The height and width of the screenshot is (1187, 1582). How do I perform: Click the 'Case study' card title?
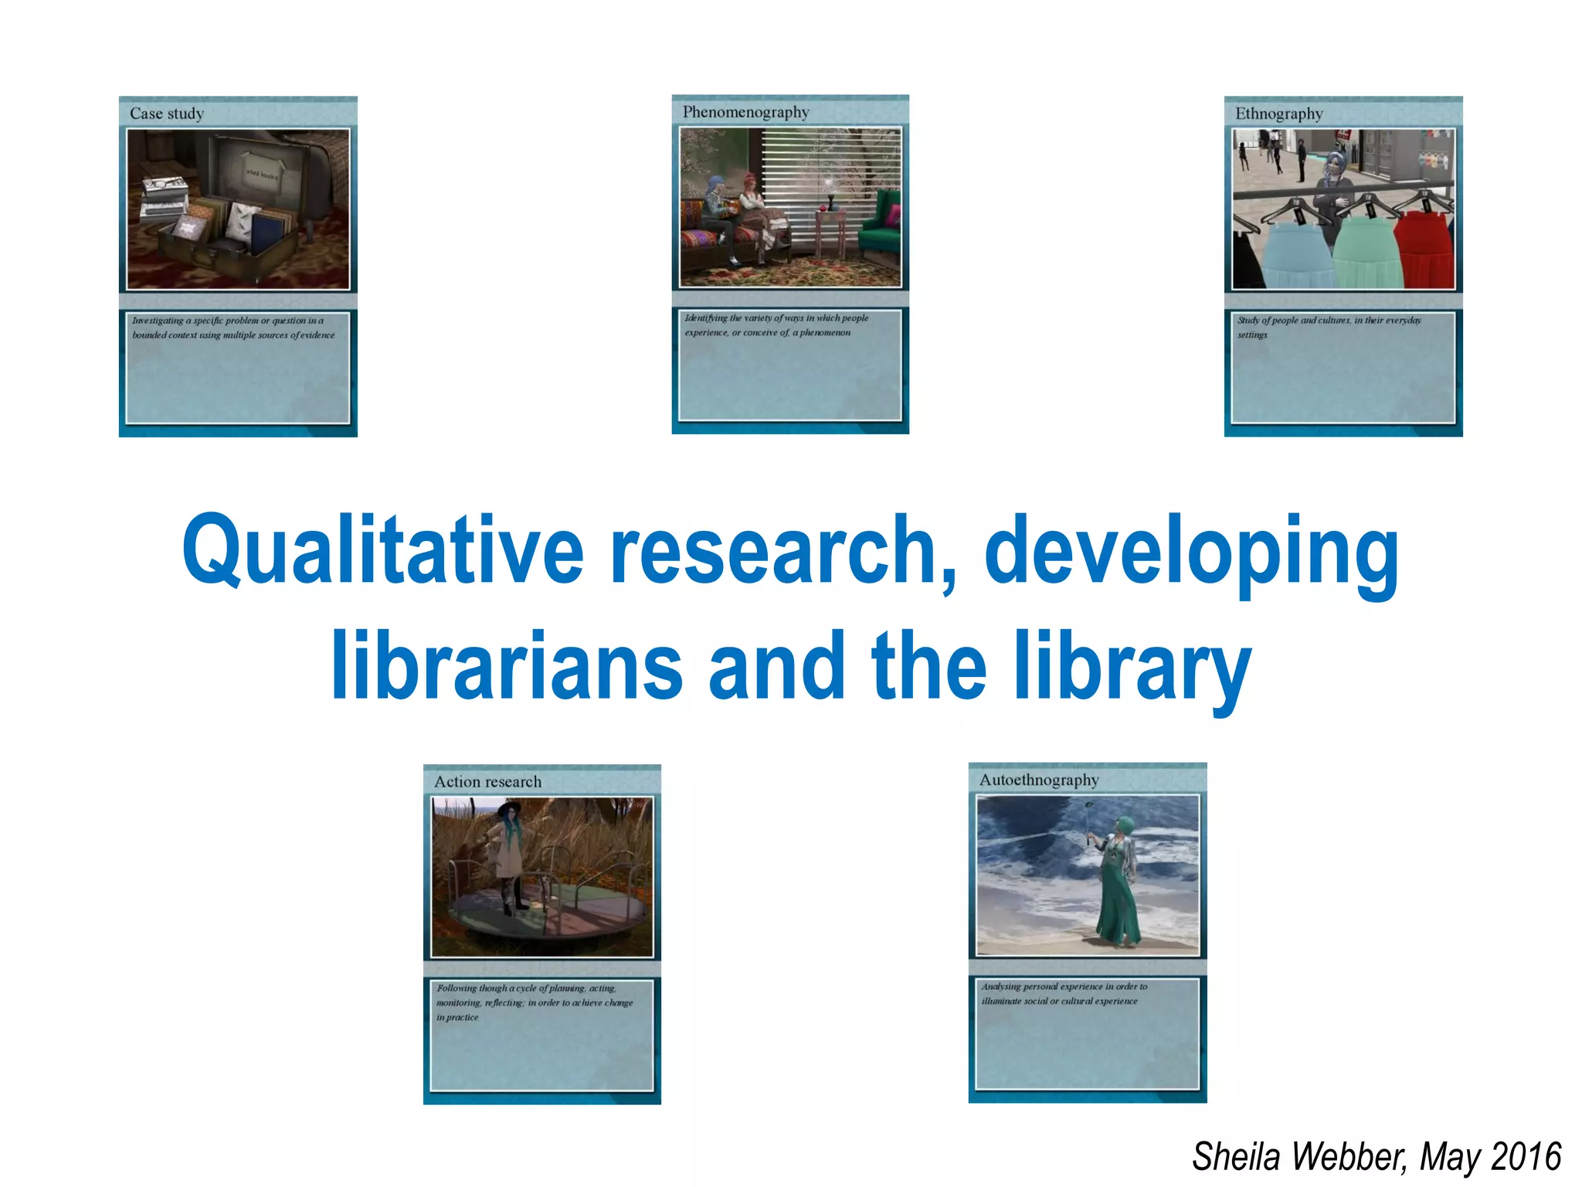[167, 114]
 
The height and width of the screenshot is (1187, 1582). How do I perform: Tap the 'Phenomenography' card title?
[745, 112]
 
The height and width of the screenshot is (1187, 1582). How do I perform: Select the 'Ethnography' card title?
[1278, 114]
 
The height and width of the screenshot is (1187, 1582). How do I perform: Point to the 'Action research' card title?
[487, 781]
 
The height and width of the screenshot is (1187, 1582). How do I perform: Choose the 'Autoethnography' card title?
[1038, 780]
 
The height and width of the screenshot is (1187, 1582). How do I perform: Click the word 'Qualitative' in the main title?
[382, 550]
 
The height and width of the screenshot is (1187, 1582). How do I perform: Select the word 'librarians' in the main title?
[507, 666]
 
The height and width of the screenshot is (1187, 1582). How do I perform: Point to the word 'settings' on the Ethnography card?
[1252, 335]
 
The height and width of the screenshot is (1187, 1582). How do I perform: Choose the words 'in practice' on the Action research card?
[457, 1017]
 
